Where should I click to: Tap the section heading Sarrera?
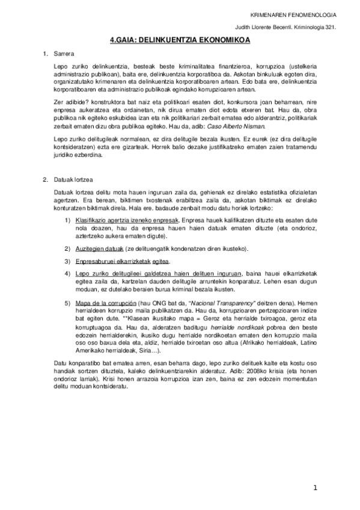pos(63,54)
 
